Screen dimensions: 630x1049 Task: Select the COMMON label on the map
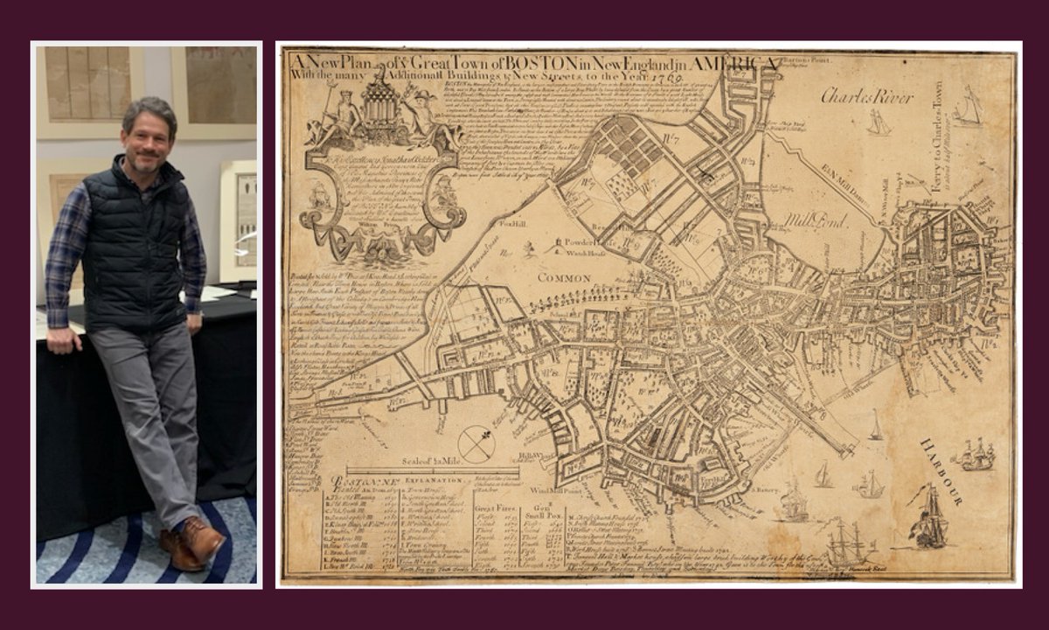564,277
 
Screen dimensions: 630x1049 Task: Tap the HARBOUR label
940,472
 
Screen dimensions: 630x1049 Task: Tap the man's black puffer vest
135,245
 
